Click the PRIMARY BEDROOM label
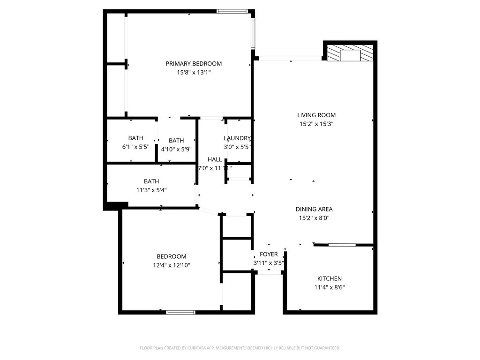(194, 64)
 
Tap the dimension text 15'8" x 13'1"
(194, 73)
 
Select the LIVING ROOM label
(316, 115)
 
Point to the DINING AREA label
(314, 209)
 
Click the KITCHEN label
(330, 278)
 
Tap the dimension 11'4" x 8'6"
(330, 287)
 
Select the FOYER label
(269, 255)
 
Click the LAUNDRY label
(237, 138)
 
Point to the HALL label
(215, 159)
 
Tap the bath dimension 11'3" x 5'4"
(151, 190)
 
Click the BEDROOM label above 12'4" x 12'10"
(171, 256)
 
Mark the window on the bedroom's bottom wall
(181, 312)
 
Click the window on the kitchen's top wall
(342, 245)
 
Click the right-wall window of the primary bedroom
(253, 34)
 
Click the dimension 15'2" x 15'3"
(316, 124)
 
